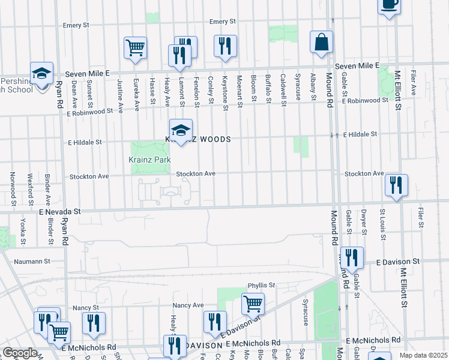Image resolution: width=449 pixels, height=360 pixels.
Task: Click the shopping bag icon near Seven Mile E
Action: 321,43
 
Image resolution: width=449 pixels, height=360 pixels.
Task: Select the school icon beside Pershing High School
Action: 42,74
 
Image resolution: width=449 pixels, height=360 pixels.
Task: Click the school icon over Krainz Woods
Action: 181,130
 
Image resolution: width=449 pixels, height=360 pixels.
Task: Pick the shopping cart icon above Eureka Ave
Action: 136,47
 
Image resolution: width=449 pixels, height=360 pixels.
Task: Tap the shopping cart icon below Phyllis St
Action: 253,304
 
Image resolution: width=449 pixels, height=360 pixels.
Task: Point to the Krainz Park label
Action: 149,160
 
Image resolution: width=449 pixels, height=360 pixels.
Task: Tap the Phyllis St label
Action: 261,285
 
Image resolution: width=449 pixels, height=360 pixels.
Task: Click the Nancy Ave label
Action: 188,305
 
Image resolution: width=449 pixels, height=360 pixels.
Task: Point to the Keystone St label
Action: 226,92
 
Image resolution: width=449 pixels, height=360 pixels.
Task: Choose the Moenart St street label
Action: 240,92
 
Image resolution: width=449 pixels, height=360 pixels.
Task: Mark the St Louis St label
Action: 382,220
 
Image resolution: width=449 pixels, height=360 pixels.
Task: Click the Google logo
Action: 19,353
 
